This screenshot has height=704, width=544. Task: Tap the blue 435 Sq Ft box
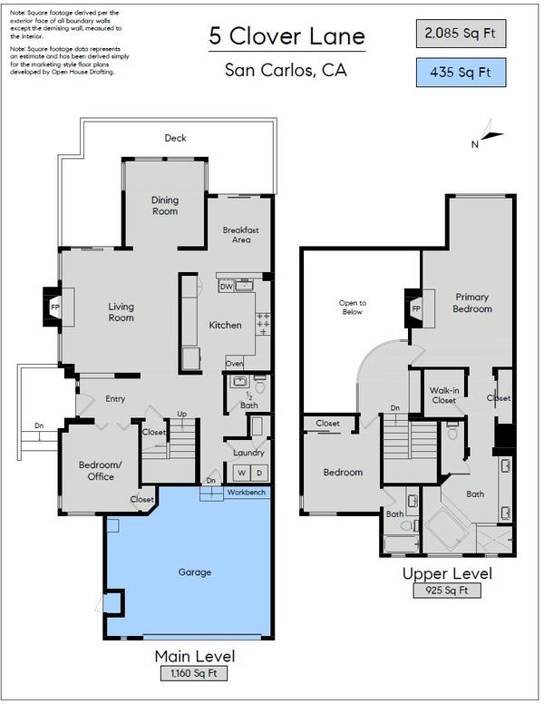pos(461,73)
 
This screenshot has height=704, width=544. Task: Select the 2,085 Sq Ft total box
pos(461,34)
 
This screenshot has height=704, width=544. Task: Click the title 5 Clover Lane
pos(287,36)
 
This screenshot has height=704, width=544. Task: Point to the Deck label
pos(175,138)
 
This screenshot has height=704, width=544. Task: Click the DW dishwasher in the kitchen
pos(227,286)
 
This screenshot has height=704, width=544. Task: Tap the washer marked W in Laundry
pos(242,473)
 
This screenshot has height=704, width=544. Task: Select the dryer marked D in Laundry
pos(259,473)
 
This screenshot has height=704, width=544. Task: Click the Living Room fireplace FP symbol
pos(54,308)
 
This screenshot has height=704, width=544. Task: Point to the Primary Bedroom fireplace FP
pos(416,308)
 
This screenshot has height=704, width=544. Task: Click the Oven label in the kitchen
pos(234,363)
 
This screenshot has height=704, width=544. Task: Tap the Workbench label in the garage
pos(246,492)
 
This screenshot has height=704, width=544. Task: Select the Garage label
pos(194,572)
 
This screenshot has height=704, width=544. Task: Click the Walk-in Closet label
pos(444,396)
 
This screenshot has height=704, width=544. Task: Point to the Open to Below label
pos(353,308)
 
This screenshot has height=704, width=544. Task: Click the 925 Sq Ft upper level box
pos(447,590)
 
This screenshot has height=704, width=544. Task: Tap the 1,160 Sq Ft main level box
pos(194,673)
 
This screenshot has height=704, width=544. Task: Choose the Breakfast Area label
pos(241,235)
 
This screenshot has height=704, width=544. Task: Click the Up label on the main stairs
pos(181,414)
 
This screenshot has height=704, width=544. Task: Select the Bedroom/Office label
pos(101,471)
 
